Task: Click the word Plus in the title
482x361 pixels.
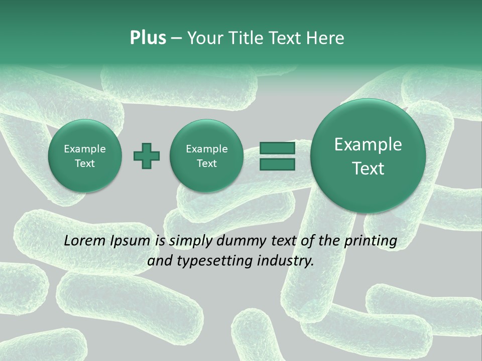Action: pyautogui.click(x=148, y=38)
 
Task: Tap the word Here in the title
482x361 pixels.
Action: pyautogui.click(x=325, y=38)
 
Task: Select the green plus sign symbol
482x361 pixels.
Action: pyautogui.click(x=147, y=156)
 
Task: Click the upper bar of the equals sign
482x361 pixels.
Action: pyautogui.click(x=277, y=148)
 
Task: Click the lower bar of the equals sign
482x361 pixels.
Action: pyautogui.click(x=277, y=164)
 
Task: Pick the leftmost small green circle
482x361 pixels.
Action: pyautogui.click(x=85, y=156)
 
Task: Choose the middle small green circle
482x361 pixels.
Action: pyautogui.click(x=206, y=156)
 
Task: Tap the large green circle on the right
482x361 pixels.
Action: pyautogui.click(x=368, y=156)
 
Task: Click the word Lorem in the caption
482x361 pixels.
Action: pyautogui.click(x=83, y=241)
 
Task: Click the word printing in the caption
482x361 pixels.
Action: pyautogui.click(x=371, y=241)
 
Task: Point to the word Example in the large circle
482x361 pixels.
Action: pyautogui.click(x=368, y=144)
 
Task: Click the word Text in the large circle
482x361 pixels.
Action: pyautogui.click(x=368, y=168)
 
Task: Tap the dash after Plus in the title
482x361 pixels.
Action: pyautogui.click(x=176, y=39)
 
